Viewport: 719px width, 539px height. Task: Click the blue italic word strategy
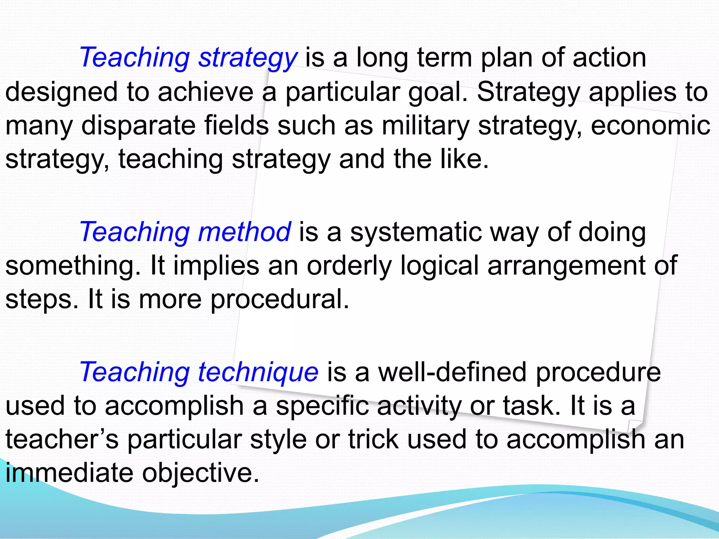pyautogui.click(x=248, y=58)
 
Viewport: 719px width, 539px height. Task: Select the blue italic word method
pyautogui.click(x=244, y=232)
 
